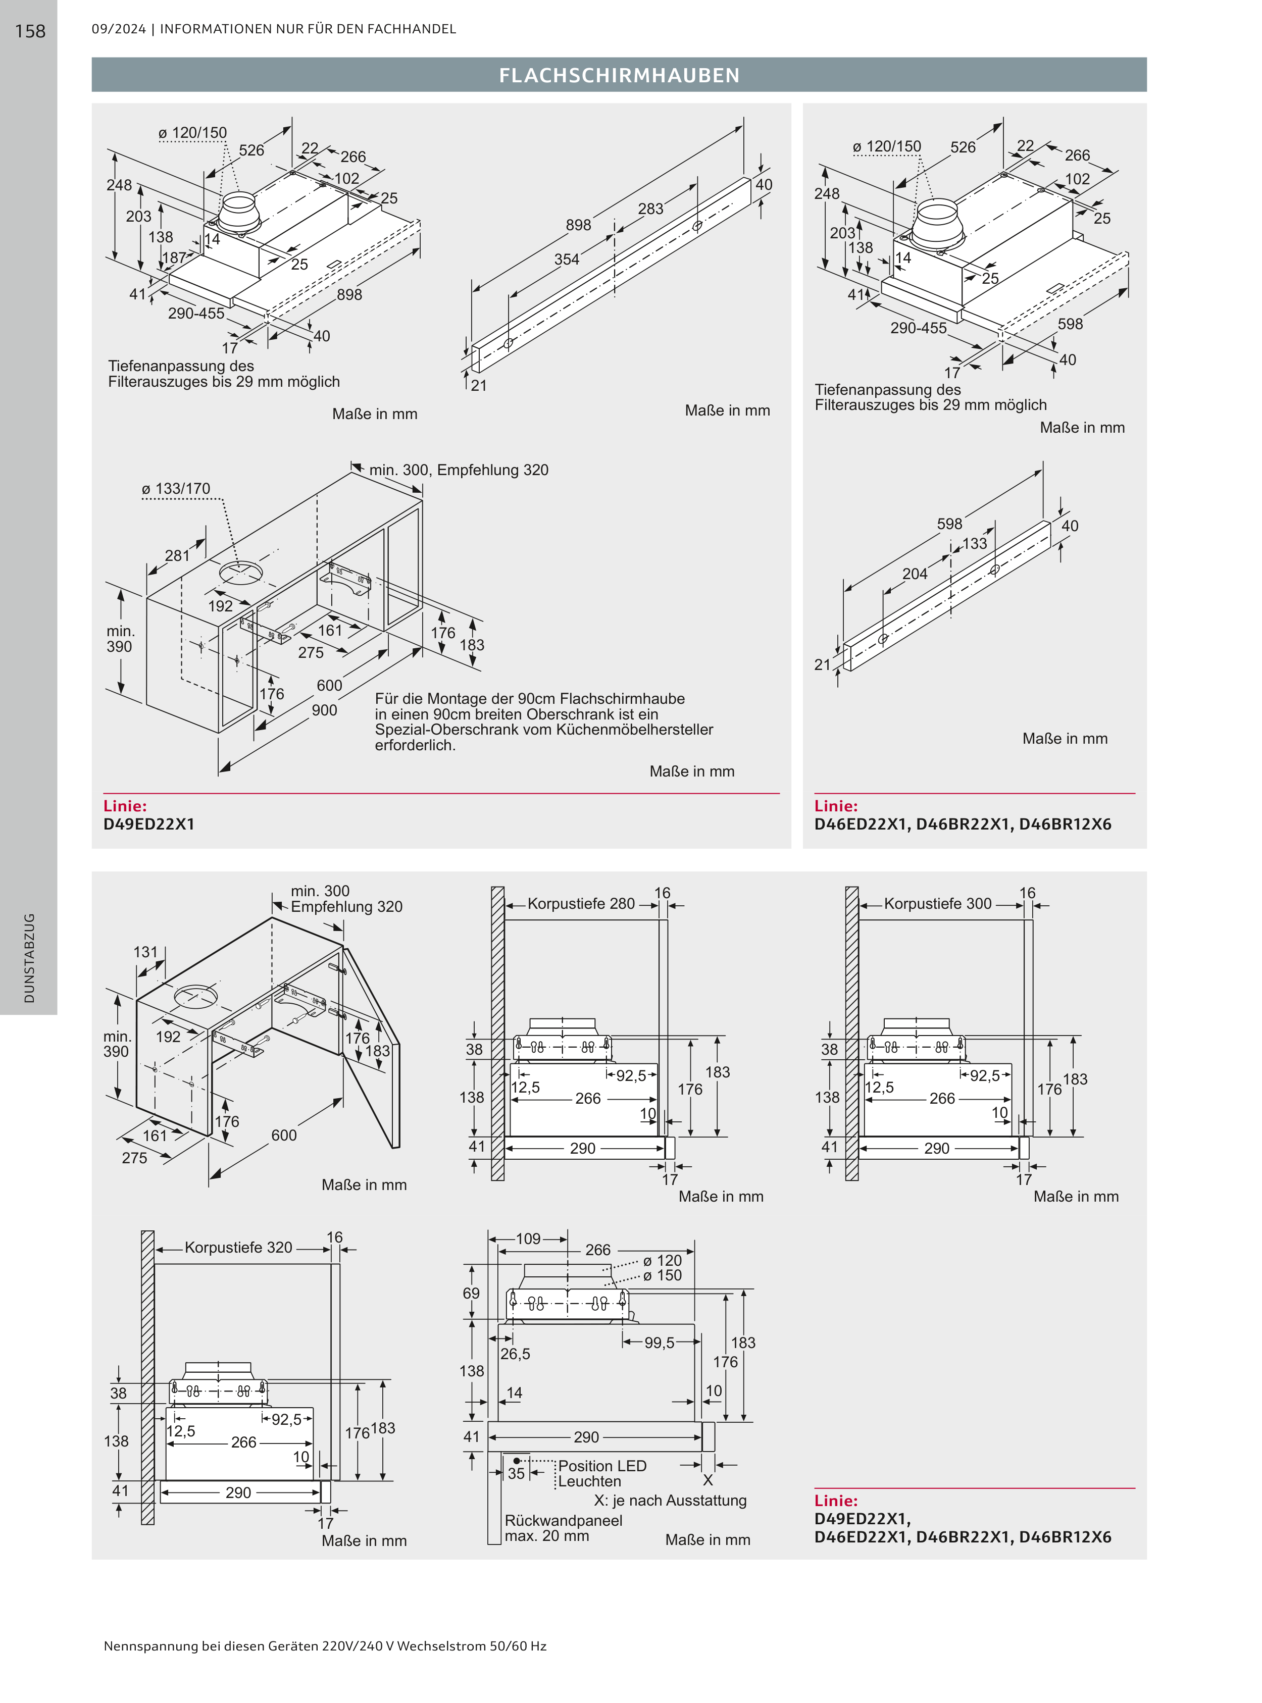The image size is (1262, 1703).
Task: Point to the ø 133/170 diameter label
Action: (176, 489)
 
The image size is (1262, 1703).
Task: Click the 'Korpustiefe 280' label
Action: (581, 903)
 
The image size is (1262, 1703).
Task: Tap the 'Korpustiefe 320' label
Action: (238, 1247)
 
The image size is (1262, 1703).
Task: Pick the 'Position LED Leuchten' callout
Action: (602, 1473)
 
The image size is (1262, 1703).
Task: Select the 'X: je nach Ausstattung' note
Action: (670, 1500)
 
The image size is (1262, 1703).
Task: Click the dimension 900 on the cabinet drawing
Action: (324, 710)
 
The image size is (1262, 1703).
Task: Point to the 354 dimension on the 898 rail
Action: (567, 260)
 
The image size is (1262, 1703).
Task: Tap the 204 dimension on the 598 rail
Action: (915, 574)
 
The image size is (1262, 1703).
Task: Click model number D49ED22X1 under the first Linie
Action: (149, 824)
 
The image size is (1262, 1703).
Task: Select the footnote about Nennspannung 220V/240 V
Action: (325, 1646)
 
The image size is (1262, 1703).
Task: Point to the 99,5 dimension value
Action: (659, 1343)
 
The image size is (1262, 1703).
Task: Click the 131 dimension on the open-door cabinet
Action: (145, 952)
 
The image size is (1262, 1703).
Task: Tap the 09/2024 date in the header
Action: (118, 29)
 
